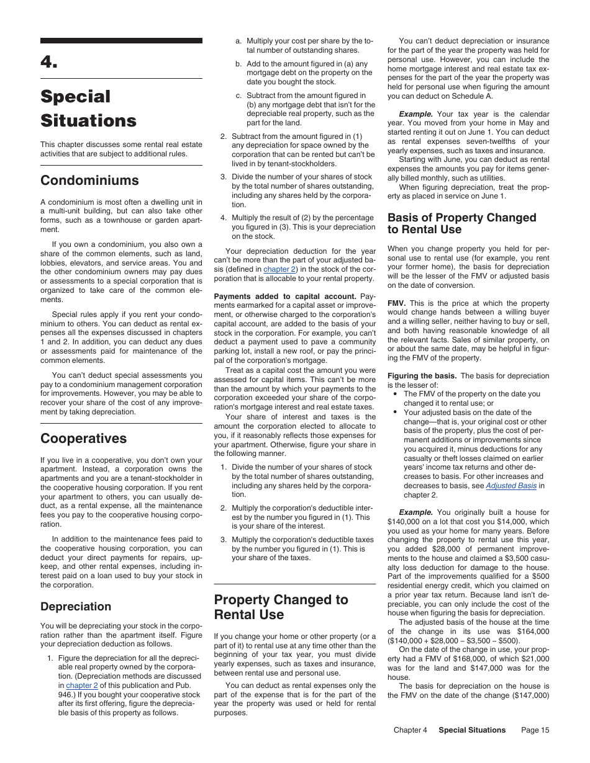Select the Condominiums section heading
89,181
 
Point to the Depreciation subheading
76,606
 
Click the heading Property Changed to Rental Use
281,607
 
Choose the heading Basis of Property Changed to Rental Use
461,223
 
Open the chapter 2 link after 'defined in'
279,269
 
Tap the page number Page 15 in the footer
535,730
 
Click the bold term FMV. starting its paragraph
396,303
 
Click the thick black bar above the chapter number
121,41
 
